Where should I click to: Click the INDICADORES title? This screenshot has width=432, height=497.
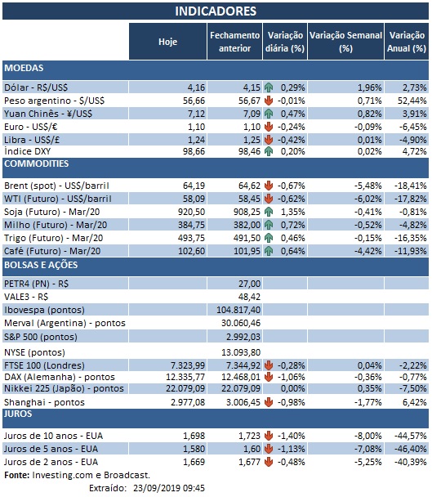click(216, 11)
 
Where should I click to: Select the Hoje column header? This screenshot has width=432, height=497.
click(167, 41)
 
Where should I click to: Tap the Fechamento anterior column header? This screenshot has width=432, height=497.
click(234, 41)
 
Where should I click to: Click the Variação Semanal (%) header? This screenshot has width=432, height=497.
click(345, 41)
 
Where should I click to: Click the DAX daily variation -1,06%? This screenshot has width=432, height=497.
click(290, 375)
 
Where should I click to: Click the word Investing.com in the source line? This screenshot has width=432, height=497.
click(66, 475)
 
